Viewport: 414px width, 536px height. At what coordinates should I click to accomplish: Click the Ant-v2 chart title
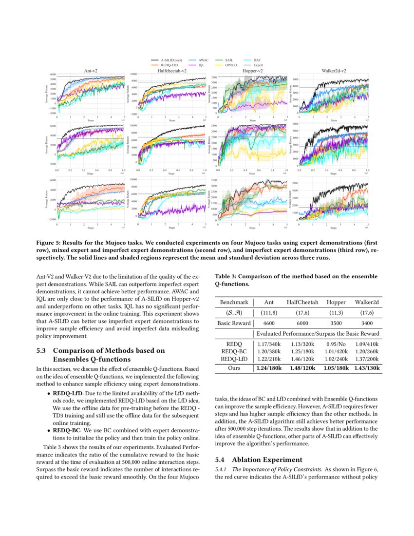click(91, 71)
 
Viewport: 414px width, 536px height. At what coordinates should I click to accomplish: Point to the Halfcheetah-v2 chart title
click(171, 71)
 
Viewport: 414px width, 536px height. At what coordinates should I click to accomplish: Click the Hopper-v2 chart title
click(252, 71)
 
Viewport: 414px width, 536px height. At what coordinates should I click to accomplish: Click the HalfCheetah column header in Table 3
click(302, 302)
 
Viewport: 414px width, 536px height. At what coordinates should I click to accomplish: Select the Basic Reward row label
click(234, 323)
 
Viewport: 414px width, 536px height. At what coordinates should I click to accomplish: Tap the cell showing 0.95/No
click(336, 344)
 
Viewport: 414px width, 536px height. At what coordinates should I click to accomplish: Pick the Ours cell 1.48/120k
click(302, 368)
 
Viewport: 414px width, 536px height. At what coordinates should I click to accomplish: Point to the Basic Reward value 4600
click(269, 323)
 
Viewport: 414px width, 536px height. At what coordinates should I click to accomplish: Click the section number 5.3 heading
click(42, 350)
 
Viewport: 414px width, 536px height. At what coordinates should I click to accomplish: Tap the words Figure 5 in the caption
click(49, 242)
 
